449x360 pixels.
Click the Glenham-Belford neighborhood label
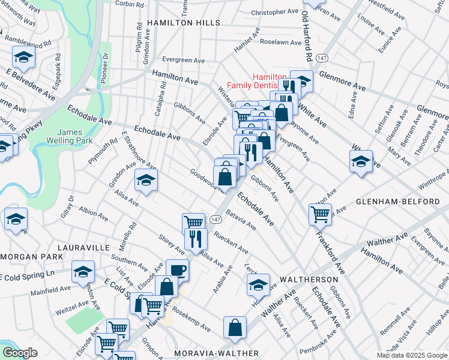[400, 202]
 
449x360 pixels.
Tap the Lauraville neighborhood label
[83, 247]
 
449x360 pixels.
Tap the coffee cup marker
[177, 269]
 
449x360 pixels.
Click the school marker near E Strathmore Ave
[146, 179]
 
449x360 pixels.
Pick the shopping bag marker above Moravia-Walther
[235, 327]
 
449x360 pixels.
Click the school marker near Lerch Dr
[258, 284]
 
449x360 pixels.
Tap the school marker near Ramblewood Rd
[23, 57]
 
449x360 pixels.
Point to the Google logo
[20, 353]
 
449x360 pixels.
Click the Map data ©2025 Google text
[412, 355]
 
